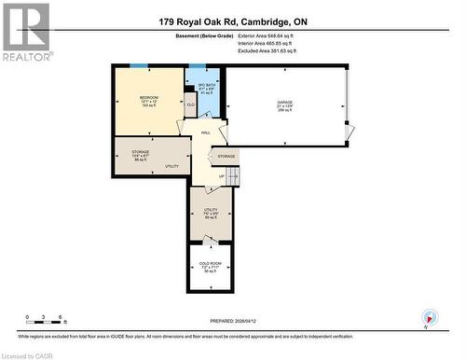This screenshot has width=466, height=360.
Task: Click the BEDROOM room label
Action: click(x=149, y=98)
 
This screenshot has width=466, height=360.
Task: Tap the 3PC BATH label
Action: click(x=195, y=85)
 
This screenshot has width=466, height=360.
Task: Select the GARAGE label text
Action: click(x=284, y=102)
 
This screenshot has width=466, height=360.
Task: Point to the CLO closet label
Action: click(x=190, y=105)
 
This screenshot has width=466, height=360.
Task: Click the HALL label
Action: click(x=206, y=132)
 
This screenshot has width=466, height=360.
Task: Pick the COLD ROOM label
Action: click(x=210, y=264)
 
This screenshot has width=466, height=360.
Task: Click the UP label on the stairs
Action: click(x=221, y=175)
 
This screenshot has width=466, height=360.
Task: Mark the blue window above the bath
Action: click(x=198, y=65)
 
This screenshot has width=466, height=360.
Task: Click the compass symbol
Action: click(x=429, y=318)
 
